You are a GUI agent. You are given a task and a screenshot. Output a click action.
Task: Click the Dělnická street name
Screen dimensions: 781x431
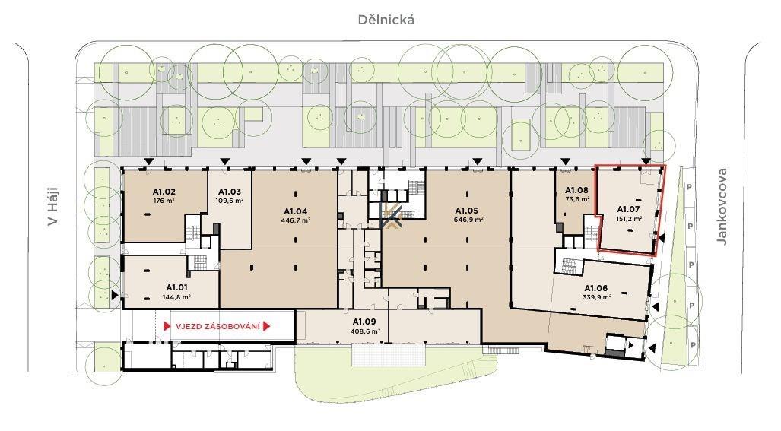coord(386,20)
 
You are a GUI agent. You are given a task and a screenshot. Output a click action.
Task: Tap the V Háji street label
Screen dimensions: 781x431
coord(53,206)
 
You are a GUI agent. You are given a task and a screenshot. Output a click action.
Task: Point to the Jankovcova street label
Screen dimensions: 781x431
coord(722,206)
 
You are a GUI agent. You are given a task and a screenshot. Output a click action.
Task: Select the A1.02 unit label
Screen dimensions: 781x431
coord(164,192)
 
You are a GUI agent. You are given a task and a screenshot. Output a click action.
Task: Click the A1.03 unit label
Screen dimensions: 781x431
coord(230,192)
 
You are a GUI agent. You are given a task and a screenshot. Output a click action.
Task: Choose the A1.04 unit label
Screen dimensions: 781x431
coord(295,211)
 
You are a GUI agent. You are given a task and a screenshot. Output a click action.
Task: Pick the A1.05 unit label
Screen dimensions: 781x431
coord(467,211)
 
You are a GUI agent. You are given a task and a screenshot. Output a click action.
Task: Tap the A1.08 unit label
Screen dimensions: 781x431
coord(576,190)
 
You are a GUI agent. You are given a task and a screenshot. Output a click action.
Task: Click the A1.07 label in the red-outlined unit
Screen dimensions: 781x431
coord(628,210)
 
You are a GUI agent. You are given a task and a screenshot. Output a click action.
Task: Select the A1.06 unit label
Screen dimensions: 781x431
coord(595,288)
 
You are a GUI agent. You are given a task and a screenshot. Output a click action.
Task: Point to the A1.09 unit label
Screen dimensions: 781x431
coord(364,322)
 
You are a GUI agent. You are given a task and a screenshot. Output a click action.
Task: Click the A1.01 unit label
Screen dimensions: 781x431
coord(177,287)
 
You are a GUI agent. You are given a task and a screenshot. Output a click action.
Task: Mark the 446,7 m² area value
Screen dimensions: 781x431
coord(295,220)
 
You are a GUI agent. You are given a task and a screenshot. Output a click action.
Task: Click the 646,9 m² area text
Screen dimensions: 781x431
coord(468,220)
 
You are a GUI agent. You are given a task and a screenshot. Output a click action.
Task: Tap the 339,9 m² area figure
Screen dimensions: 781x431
coord(597,297)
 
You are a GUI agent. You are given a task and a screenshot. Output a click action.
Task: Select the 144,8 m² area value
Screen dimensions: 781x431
coord(177,297)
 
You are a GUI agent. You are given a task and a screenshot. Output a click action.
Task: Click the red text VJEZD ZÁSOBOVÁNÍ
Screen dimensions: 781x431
coord(217,327)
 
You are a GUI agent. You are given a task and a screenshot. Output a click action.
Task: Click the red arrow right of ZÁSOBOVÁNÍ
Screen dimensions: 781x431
coord(266,327)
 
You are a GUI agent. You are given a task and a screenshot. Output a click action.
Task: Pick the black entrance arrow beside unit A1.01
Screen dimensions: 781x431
coord(115,296)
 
